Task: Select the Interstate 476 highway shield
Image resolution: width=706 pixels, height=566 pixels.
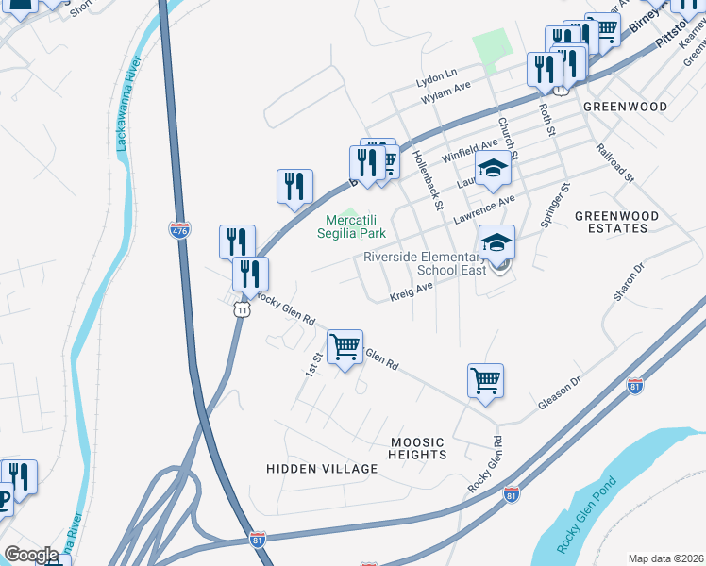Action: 178,229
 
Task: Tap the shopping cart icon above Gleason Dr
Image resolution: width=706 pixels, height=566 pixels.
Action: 485,381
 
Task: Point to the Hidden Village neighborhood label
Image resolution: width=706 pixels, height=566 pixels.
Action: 322,469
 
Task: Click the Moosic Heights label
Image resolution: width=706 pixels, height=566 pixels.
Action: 417,448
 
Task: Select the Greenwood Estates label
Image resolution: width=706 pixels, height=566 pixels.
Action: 612,222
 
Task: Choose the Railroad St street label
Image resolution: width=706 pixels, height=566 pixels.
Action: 615,162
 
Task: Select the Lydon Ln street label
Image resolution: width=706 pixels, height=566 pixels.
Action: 437,73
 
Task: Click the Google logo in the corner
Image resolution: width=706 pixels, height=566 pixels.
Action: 31,555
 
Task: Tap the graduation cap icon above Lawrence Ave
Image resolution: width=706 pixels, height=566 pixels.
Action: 492,170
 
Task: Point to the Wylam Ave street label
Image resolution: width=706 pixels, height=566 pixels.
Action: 445,88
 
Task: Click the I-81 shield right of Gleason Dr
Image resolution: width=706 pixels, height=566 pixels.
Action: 635,387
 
